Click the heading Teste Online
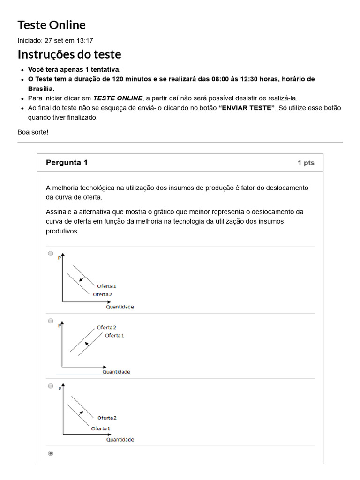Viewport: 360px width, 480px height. (52, 25)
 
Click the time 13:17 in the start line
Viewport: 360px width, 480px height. (84, 41)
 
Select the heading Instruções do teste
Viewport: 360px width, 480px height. (69, 54)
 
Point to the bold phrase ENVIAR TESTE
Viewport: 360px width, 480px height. (247, 108)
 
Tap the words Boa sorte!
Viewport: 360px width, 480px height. (33, 132)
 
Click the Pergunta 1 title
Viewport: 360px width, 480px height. (67, 163)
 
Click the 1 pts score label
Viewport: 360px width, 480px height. (306, 163)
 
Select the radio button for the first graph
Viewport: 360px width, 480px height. (51, 253)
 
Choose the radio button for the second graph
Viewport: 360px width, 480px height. (51, 321)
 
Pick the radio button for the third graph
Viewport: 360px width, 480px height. (51, 386)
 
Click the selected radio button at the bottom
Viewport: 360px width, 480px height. (51, 453)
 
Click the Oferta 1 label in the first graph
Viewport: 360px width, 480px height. (107, 286)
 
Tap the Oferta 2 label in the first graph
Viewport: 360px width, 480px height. (103, 294)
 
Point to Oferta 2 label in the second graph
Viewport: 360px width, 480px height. (106, 327)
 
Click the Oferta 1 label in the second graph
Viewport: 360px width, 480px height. (115, 335)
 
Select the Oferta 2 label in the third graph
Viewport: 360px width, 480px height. (107, 418)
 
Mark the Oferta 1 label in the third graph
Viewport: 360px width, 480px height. (101, 428)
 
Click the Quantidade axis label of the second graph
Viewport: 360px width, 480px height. (116, 372)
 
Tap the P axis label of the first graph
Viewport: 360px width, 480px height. (59, 258)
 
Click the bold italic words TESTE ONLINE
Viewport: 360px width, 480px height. (118, 98)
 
